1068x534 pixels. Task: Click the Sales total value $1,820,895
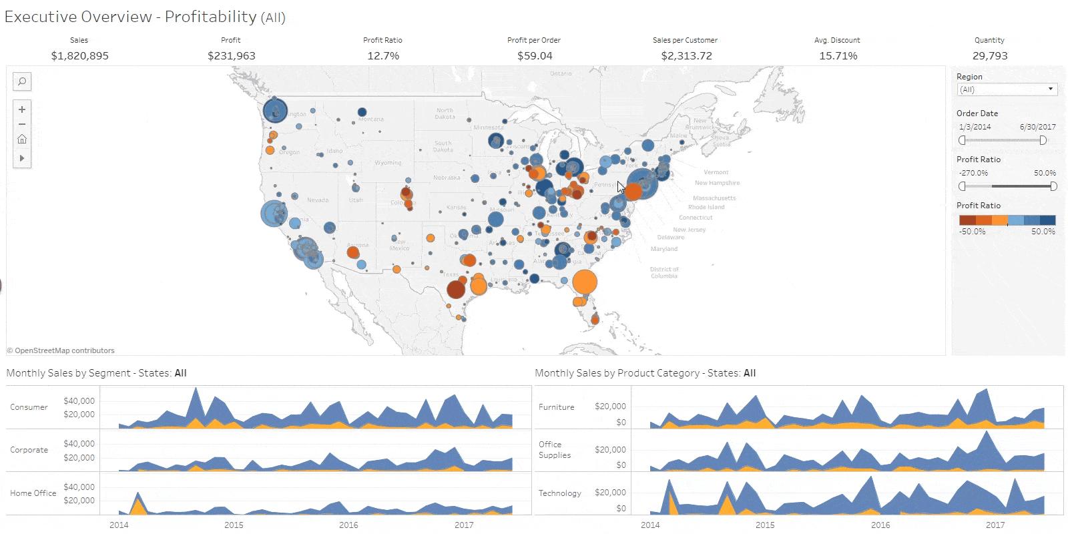click(79, 56)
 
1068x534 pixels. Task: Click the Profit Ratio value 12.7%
click(383, 56)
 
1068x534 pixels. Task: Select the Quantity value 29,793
click(989, 56)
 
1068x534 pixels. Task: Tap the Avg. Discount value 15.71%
click(838, 56)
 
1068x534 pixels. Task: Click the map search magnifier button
click(22, 81)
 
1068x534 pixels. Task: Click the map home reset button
click(22, 140)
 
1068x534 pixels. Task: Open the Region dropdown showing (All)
click(1007, 89)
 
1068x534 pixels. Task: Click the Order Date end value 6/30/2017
click(1037, 127)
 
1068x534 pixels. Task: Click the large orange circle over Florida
click(584, 282)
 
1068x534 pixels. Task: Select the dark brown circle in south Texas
click(456, 290)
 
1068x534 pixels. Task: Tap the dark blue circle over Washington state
click(275, 110)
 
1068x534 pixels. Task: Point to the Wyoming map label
click(388, 163)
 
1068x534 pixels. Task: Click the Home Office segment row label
click(33, 493)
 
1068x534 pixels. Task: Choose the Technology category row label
click(559, 493)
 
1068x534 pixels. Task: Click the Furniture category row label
click(556, 407)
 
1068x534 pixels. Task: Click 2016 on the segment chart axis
click(348, 525)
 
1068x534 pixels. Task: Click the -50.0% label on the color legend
click(972, 232)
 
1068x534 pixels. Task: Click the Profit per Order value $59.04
click(535, 56)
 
